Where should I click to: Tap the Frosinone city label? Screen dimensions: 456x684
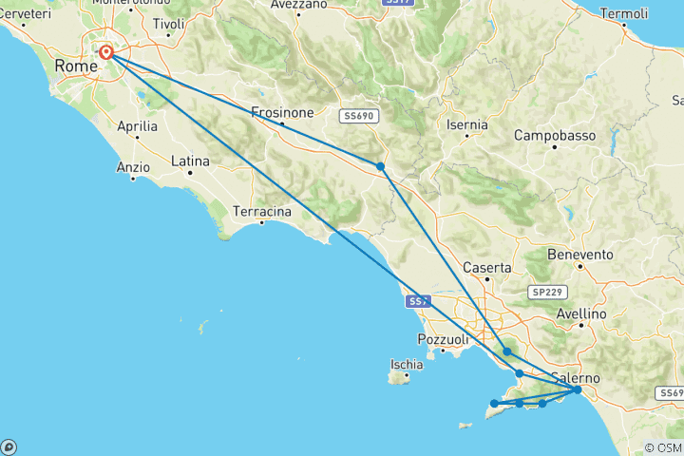click(x=282, y=112)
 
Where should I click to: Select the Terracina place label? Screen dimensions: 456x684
click(x=263, y=213)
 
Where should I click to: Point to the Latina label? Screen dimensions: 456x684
click(x=190, y=162)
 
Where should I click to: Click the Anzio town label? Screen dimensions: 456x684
click(x=133, y=167)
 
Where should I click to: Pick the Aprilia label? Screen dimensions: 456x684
click(x=137, y=124)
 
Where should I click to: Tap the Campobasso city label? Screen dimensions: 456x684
click(x=555, y=136)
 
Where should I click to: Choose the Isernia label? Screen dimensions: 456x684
click(x=466, y=124)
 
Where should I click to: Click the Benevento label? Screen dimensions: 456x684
click(x=580, y=255)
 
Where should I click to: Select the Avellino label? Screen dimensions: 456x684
click(x=580, y=313)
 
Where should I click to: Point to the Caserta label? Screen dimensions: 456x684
click(x=487, y=268)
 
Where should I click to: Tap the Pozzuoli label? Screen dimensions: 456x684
click(x=443, y=339)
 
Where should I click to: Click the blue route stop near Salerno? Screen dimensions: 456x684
click(x=577, y=389)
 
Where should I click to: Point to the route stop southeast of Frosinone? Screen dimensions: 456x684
click(x=380, y=166)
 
